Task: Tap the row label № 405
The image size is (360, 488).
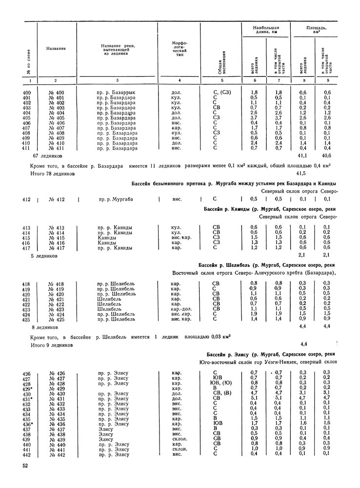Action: pos(57,118)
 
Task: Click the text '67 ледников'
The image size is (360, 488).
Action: pos(48,156)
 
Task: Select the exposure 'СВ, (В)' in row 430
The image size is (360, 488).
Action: pos(215,393)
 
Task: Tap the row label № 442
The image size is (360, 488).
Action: pos(58,455)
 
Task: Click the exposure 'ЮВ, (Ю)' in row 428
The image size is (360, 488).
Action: pos(215,383)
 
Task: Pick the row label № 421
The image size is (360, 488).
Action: pos(58,298)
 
